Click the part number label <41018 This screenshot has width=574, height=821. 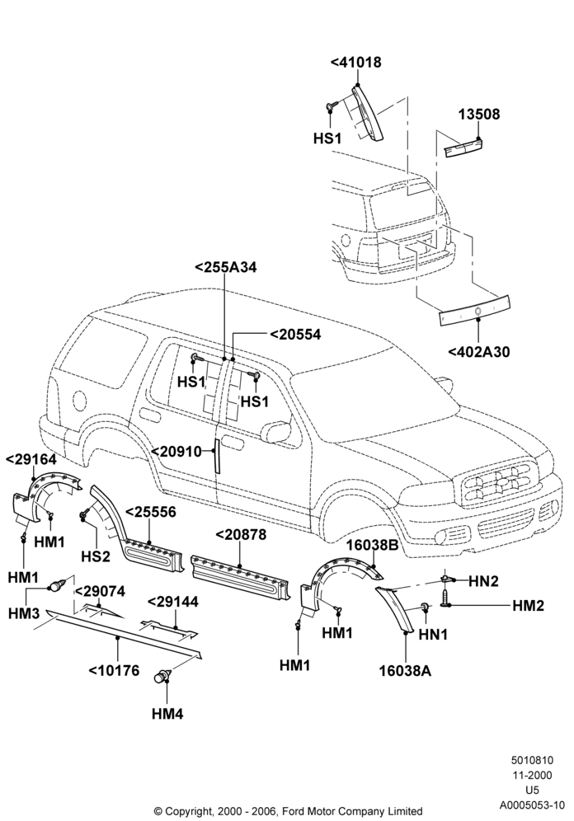(x=355, y=62)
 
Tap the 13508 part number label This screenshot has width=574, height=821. (x=479, y=114)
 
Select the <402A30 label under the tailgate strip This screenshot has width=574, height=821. (x=478, y=352)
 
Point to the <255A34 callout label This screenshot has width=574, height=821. (x=226, y=267)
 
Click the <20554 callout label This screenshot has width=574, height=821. (x=295, y=335)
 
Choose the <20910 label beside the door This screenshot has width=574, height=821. (x=177, y=452)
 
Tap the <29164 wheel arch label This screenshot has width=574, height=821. (x=31, y=459)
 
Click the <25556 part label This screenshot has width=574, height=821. (x=150, y=512)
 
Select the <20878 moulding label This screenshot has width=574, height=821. (x=241, y=535)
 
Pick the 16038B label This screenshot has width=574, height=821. (x=373, y=546)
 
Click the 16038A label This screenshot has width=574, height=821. (x=406, y=671)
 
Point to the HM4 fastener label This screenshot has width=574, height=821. (x=167, y=713)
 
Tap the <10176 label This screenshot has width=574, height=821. (x=114, y=670)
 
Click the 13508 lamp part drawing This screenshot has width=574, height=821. (x=463, y=146)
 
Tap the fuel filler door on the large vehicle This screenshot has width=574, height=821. (x=77, y=401)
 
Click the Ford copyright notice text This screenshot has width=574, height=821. (x=289, y=811)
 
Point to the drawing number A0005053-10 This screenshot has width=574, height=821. (x=532, y=805)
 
